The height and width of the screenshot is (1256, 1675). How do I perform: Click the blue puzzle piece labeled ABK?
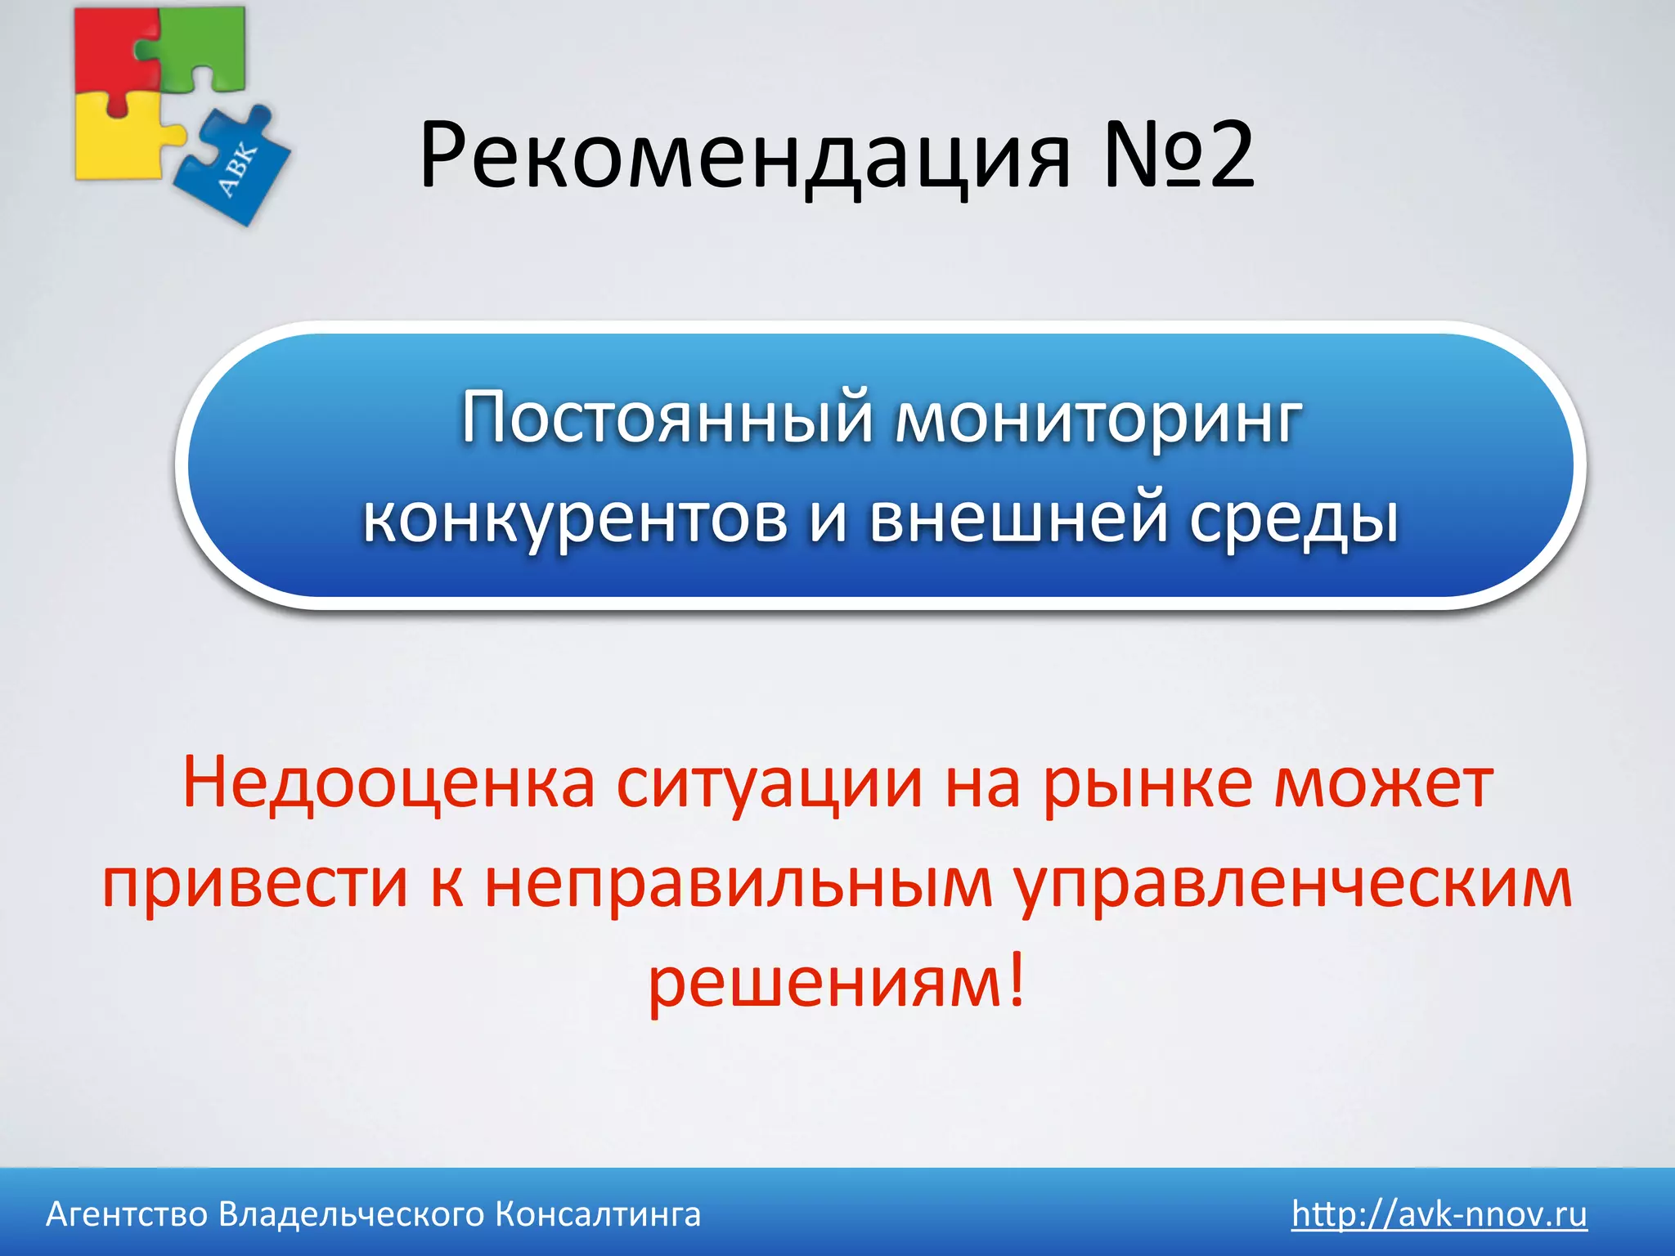coord(237,168)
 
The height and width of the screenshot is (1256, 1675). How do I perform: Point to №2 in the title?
coord(1178,155)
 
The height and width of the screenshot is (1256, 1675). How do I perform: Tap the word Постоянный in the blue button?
coord(667,419)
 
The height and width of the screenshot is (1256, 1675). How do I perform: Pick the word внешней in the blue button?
coord(1017,519)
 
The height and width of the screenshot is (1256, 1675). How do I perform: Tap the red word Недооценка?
coord(388,783)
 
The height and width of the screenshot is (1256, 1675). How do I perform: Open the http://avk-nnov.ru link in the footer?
coord(1439,1214)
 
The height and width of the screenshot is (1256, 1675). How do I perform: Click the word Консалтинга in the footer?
coord(598,1215)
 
